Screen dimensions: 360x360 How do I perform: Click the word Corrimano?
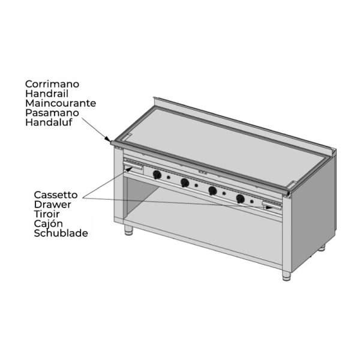52,84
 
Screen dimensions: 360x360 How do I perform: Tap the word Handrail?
47,94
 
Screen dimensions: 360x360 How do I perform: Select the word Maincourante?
61,103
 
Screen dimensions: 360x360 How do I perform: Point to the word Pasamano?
52,113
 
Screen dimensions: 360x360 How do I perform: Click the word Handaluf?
49,122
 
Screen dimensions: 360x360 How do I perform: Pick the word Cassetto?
56,195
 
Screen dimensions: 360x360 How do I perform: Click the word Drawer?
53,205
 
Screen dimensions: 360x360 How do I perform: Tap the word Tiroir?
47,214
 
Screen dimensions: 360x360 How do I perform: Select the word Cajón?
48,224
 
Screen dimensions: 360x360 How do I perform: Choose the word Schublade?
61,233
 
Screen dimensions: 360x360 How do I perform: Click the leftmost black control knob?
157,175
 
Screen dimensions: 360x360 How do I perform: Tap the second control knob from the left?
185,183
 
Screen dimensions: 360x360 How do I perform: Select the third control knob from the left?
212,191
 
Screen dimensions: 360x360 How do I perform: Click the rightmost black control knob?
240,199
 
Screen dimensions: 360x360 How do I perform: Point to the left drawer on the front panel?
134,167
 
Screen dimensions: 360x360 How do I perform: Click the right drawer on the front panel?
272,206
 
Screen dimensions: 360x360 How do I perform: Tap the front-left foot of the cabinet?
128,230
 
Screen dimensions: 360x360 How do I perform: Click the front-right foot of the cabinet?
287,276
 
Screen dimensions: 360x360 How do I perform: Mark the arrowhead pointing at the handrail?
107,139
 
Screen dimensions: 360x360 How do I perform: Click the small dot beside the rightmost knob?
252,202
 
